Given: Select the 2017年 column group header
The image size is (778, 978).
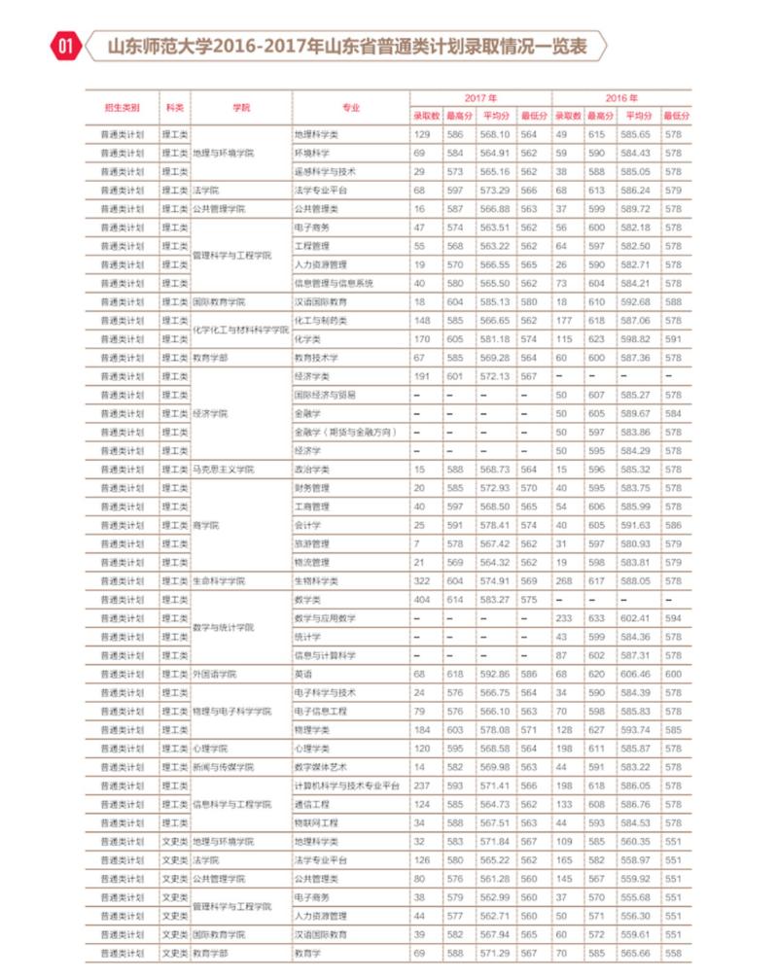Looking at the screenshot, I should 480,98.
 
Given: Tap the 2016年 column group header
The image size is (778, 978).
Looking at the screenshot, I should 621,98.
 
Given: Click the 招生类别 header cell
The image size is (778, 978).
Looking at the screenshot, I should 122,107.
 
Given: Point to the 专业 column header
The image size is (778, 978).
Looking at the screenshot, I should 350,107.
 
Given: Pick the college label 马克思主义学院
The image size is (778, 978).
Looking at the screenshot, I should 223,470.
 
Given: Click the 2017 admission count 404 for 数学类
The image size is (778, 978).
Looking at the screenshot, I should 422,600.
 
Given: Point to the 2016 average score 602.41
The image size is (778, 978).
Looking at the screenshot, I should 636,618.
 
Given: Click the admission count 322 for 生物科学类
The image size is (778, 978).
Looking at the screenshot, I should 422,581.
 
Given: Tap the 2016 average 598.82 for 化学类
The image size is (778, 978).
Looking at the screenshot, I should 636,339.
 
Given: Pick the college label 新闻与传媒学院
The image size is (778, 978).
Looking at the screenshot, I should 223,767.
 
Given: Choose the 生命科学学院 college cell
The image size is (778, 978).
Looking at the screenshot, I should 219,581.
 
